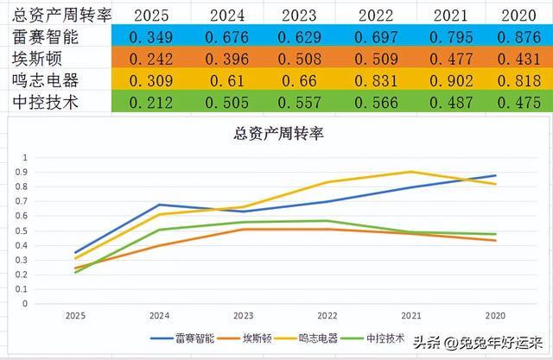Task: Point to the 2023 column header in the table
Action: pyautogui.click(x=296, y=15)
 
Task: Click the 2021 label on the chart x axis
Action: pyautogui.click(x=411, y=316)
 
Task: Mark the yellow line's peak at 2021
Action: pyautogui.click(x=411, y=172)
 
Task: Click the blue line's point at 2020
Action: pyautogui.click(x=496, y=175)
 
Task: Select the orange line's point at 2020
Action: pyautogui.click(x=496, y=241)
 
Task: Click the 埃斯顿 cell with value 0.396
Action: pyautogui.click(x=225, y=59)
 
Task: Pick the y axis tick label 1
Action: pyautogui.click(x=51, y=158)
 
